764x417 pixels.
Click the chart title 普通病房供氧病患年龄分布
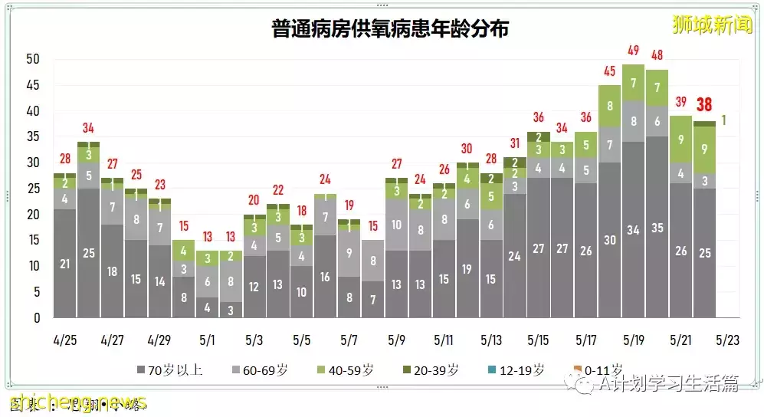click(x=391, y=29)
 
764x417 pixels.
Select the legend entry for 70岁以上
click(x=169, y=370)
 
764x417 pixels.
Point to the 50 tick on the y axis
click(x=32, y=59)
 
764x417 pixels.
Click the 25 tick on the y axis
click(x=32, y=189)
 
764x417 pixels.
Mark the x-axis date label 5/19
click(x=632, y=339)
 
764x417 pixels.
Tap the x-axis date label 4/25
click(x=65, y=339)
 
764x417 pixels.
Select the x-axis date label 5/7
click(x=349, y=339)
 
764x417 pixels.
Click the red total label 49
click(x=633, y=51)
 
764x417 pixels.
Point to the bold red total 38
click(x=704, y=105)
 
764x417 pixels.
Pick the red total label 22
click(x=278, y=189)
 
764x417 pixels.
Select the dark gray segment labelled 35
click(x=657, y=228)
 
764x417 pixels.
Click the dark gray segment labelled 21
click(x=65, y=264)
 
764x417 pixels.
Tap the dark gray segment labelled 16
click(x=326, y=277)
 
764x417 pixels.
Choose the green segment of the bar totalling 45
click(x=610, y=106)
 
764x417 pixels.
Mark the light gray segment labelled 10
click(x=396, y=225)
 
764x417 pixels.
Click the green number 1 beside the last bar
click(x=724, y=120)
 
